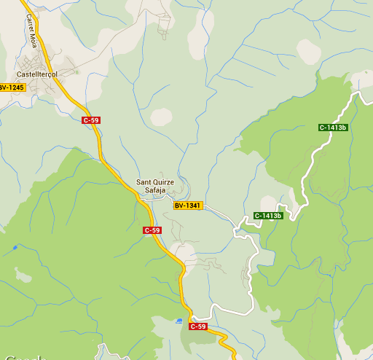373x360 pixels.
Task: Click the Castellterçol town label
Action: click(x=36, y=74)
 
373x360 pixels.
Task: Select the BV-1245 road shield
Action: click(x=12, y=87)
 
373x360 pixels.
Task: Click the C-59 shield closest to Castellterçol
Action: click(x=90, y=120)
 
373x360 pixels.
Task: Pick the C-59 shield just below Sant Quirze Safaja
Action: click(x=152, y=230)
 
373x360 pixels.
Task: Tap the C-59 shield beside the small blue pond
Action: click(x=198, y=326)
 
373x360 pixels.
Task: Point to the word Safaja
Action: click(x=155, y=190)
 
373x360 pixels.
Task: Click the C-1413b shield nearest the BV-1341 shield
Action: click(x=267, y=216)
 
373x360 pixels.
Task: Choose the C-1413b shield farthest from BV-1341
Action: click(x=333, y=128)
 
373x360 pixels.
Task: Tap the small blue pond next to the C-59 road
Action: click(x=180, y=321)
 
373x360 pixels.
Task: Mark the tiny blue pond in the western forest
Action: click(x=15, y=248)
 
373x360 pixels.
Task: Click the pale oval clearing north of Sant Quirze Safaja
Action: click(x=162, y=116)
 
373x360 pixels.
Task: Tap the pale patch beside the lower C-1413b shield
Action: click(x=268, y=203)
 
